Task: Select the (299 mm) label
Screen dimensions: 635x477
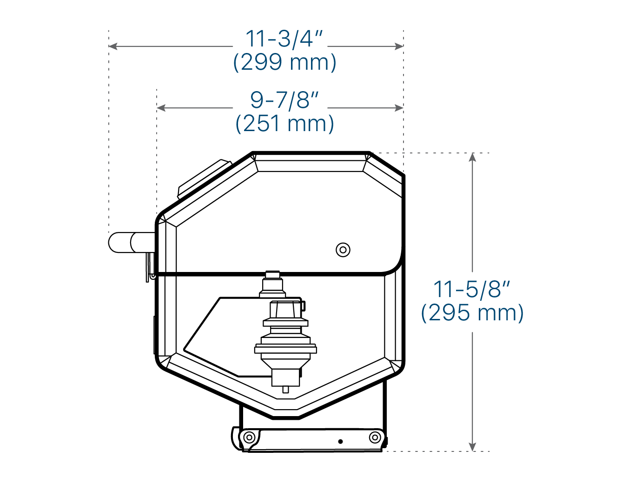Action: pos(284,62)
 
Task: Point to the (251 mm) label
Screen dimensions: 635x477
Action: pos(284,124)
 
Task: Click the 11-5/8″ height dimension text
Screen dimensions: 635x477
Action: pos(471,289)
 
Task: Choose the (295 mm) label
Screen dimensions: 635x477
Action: pos(472,313)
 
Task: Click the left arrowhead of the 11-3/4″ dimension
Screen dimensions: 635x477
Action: pos(113,46)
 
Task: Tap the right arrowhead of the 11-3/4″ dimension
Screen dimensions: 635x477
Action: pos(399,46)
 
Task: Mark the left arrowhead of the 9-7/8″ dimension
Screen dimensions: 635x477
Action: pos(161,108)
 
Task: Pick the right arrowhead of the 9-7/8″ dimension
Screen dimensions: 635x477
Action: pos(399,108)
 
